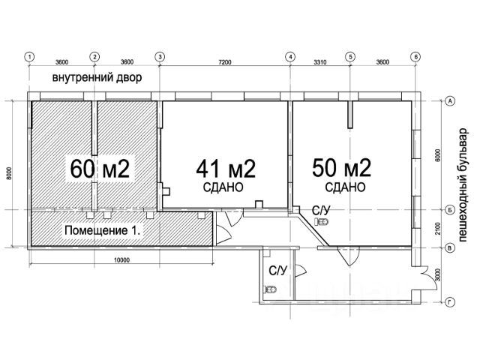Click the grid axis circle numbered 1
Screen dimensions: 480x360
29,57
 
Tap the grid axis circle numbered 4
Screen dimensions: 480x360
290,57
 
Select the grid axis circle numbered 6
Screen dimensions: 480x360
415,57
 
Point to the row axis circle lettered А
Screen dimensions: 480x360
450,101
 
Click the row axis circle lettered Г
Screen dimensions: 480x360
450,303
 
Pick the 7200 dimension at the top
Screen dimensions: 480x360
225,62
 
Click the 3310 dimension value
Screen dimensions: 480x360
320,62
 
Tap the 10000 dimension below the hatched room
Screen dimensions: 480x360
121,260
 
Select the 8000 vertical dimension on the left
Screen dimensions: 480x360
9,173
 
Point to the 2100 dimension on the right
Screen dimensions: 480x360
438,229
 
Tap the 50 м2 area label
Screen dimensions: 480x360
342,168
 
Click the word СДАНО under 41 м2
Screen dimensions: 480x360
223,187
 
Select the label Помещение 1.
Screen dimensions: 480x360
103,230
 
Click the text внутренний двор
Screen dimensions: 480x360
97,77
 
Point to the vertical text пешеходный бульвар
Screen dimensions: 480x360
463,185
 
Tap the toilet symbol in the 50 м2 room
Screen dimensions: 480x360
322,222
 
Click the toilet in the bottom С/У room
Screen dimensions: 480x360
270,289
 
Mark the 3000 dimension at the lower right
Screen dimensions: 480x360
438,274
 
